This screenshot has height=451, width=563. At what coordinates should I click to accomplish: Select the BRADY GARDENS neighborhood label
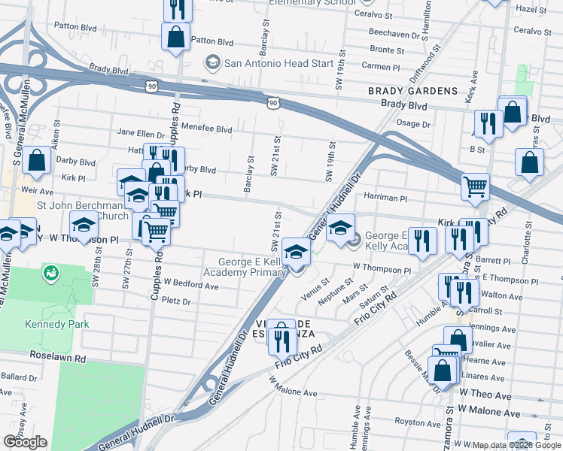pos(412,91)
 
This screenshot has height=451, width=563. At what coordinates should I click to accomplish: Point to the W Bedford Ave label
pos(191,286)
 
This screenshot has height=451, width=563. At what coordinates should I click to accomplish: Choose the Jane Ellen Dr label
pos(141,132)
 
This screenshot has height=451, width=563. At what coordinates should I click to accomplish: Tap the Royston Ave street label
pos(415,422)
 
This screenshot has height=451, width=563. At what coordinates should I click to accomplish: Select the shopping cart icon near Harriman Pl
pos(475,186)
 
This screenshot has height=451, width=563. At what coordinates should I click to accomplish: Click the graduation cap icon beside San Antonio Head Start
pos(213,63)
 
